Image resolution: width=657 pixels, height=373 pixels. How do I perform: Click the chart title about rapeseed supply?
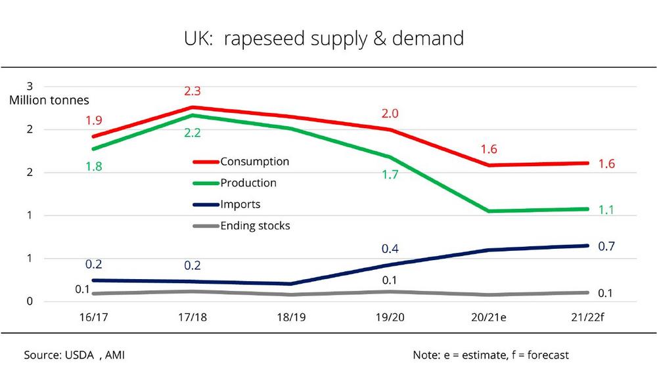pos(323,38)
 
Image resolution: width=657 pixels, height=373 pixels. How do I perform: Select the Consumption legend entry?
pos(254,162)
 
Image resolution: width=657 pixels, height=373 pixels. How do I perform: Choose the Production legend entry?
pos(248,183)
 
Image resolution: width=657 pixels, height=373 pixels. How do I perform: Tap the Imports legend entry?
pos(240,204)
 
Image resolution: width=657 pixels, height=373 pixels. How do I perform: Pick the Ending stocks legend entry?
pos(255,226)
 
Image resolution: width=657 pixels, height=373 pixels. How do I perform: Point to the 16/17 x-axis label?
pos(93,317)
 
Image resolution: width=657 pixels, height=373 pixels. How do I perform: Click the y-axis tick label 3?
pos(29,86)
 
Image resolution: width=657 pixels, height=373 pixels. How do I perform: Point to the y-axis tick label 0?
pos(29,301)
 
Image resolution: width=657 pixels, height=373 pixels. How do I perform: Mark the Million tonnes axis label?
pos(49,100)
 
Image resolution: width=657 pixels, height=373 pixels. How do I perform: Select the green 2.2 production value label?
pos(192,133)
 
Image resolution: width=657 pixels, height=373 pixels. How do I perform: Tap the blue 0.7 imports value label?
pos(606,246)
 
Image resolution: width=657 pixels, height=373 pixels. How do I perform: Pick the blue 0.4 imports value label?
pos(390,249)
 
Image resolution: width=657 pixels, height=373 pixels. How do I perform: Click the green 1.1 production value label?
pos(606,210)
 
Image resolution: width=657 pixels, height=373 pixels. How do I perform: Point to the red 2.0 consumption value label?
pos(390,114)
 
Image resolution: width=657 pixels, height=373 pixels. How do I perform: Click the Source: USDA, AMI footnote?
pos(74,355)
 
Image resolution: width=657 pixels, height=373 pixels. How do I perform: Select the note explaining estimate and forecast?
pos(491,355)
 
